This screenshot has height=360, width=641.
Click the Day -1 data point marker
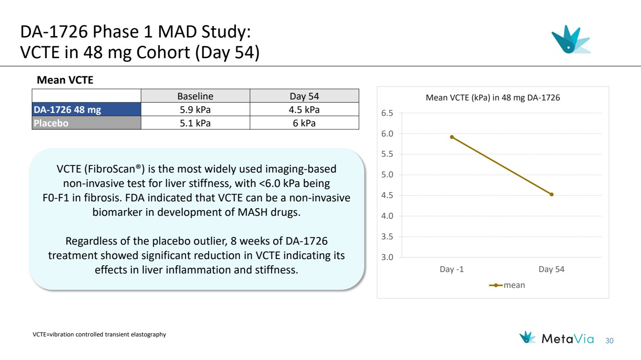tap(452, 137)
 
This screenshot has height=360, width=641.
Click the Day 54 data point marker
tap(552, 194)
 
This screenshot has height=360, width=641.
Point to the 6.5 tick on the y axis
tap(387, 113)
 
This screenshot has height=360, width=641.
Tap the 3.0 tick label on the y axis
tap(387, 257)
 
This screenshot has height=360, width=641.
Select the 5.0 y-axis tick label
tap(387, 175)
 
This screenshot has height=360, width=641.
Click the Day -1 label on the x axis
tap(452, 269)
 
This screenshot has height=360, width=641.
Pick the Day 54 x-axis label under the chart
tap(552, 269)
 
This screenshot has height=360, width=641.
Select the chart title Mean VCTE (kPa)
tap(493, 98)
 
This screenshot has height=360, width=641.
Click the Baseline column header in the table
tap(195, 96)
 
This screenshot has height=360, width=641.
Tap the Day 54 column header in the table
tap(304, 96)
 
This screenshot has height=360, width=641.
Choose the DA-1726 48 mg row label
tap(67, 110)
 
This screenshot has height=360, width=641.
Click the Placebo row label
tap(51, 123)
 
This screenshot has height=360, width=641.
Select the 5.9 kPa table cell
tap(195, 110)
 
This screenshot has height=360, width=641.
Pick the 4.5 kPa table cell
tap(304, 110)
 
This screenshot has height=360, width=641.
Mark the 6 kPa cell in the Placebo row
tap(304, 123)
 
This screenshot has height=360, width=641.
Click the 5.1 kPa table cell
tap(195, 123)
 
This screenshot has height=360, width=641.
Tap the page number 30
tap(610, 341)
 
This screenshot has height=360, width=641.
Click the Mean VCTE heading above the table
tap(65, 81)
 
